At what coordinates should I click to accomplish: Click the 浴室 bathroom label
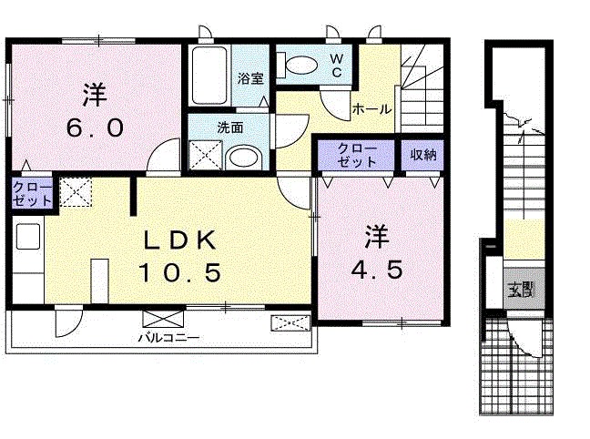click(250, 78)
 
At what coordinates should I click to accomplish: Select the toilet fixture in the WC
click(297, 66)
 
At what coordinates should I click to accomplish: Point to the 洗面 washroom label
click(229, 128)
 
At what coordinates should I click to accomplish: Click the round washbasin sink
click(243, 158)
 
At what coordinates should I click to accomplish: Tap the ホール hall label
click(371, 109)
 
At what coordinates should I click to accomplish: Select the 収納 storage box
click(423, 154)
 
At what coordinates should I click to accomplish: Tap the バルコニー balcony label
click(168, 336)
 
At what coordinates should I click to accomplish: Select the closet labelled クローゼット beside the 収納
click(357, 154)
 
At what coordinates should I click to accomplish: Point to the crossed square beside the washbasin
click(206, 157)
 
